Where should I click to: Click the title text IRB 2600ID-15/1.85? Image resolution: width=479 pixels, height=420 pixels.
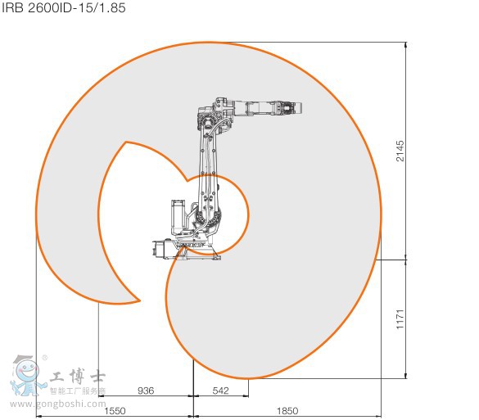[x=62, y=8]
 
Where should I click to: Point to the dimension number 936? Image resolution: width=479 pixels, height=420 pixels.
[x=146, y=391]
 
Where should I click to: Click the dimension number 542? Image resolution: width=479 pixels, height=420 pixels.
[x=220, y=391]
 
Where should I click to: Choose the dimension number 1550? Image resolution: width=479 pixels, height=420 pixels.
[x=115, y=410]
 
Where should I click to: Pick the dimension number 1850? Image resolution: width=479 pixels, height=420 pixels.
[x=287, y=410]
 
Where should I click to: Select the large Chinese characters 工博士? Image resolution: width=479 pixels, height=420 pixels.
[x=77, y=377]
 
